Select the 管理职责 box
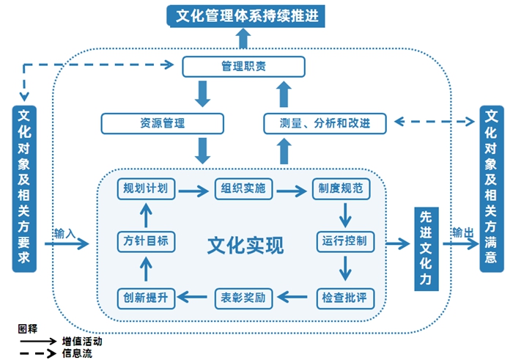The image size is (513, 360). (243, 67)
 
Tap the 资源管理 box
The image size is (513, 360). (152, 123)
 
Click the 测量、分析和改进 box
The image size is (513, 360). (325, 123)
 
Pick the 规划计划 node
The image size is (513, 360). (146, 189)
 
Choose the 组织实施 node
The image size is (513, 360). (243, 189)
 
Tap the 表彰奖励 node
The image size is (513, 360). (243, 298)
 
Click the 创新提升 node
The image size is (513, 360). (146, 298)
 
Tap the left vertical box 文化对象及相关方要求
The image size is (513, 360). (24, 188)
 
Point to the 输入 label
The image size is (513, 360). (64, 233)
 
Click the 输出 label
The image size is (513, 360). (462, 233)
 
